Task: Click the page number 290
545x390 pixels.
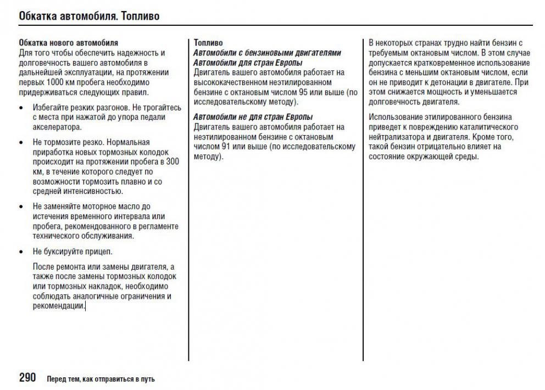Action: click(x=27, y=377)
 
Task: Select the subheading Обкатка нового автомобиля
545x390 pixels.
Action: click(x=68, y=42)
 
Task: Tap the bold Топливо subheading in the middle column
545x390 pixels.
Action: click(x=208, y=42)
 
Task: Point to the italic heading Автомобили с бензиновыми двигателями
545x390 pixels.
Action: click(x=267, y=53)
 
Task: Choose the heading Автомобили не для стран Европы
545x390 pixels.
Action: click(x=253, y=117)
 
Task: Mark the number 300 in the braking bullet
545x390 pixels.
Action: click(x=172, y=161)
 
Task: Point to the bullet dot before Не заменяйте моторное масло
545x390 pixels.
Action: click(x=21, y=207)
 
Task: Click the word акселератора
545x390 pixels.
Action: click(x=57, y=127)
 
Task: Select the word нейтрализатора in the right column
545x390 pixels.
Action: click(x=397, y=137)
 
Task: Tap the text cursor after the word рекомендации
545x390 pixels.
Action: click(x=85, y=306)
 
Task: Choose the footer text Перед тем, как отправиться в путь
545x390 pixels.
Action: click(x=101, y=379)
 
